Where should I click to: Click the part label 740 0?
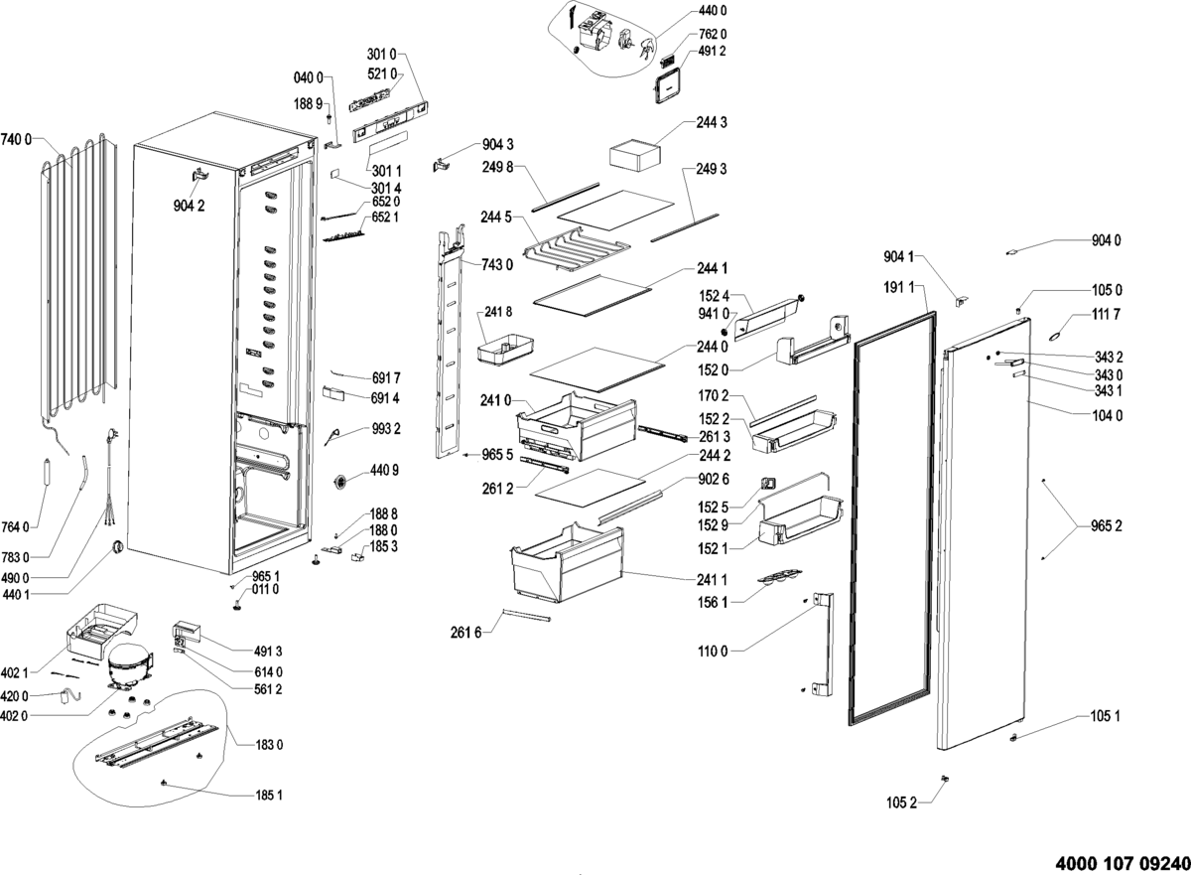[x=17, y=138]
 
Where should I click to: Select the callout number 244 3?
[x=713, y=122]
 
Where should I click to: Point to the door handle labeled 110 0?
[x=819, y=644]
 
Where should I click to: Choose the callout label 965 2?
[x=1106, y=524]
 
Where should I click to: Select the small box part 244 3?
[x=633, y=154]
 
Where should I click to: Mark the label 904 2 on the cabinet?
[x=188, y=206]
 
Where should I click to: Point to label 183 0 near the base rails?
[x=268, y=745]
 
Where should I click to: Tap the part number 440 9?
[x=385, y=470]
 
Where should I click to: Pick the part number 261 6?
[x=464, y=632]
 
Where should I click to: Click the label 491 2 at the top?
[x=713, y=52]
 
